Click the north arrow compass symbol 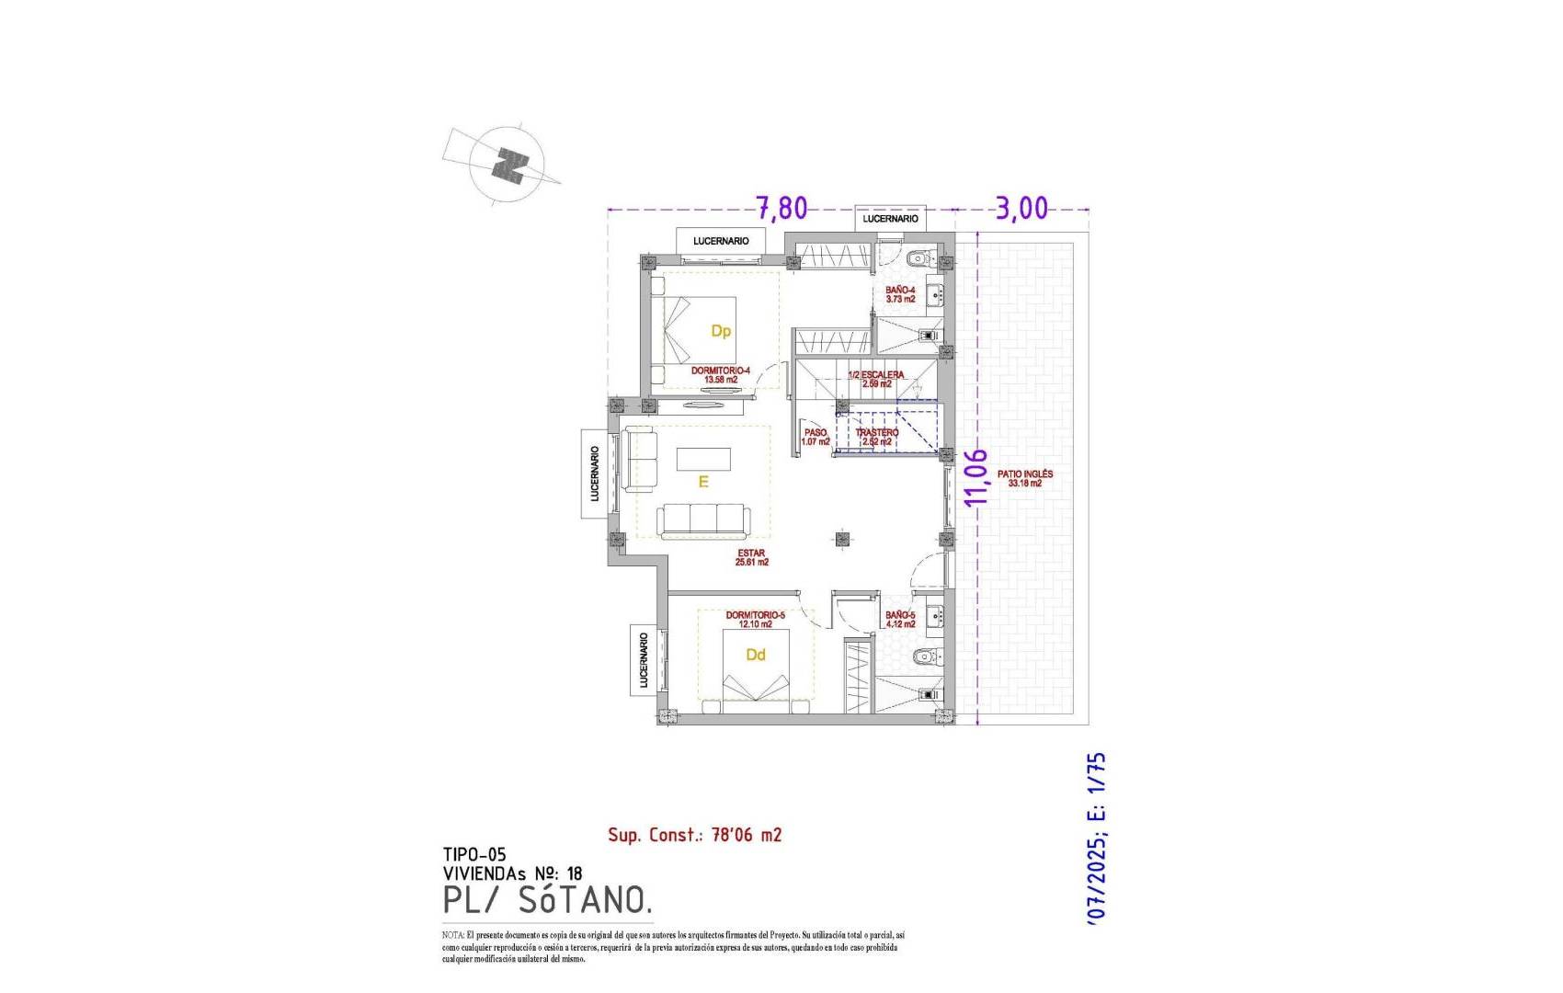click(505, 165)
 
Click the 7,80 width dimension click(781, 209)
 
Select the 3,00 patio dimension click(1021, 209)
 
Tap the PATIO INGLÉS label click(1025, 479)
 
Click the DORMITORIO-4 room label click(720, 375)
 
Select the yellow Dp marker click(721, 331)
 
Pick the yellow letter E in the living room click(703, 481)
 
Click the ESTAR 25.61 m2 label click(751, 558)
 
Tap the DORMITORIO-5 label click(755, 620)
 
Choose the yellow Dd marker click(756, 656)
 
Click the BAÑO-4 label click(900, 294)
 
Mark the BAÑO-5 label click(900, 620)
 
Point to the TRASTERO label click(877, 437)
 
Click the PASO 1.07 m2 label click(816, 437)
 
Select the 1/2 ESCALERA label click(876, 379)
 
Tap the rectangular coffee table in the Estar click(703, 458)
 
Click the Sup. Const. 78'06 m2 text click(694, 835)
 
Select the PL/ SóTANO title click(547, 900)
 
